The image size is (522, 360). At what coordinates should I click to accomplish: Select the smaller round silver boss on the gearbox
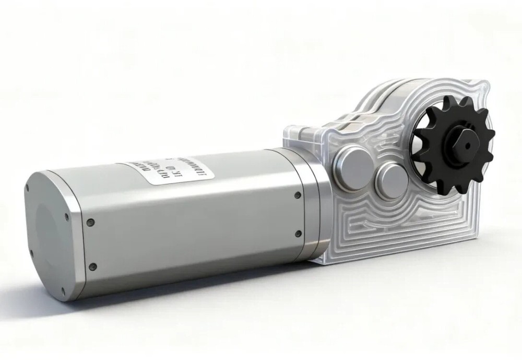pos(393,180)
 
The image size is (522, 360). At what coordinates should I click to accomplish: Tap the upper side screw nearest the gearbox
pos(298,195)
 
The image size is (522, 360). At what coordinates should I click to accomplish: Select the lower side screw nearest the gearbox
pos(298,234)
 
